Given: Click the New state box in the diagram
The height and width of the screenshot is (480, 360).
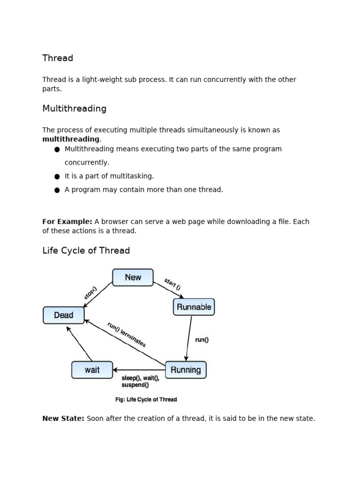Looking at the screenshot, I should click(x=133, y=277).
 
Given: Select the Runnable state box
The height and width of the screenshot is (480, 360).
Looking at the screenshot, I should click(x=194, y=307).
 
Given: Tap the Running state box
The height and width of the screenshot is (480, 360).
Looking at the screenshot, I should click(x=186, y=370).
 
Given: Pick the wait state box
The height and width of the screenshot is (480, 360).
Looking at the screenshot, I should click(x=92, y=370).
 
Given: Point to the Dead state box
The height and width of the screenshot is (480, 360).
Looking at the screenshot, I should click(x=63, y=315).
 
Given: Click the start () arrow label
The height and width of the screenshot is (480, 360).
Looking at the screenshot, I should click(x=172, y=284).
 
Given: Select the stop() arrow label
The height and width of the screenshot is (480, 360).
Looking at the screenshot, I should click(x=90, y=292).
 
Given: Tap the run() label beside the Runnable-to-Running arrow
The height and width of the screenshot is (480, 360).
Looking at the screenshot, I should click(x=202, y=340).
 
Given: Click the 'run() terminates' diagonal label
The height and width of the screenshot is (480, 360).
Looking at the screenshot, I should click(x=127, y=334).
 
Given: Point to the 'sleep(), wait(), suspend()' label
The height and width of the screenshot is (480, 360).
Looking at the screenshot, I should click(x=141, y=382).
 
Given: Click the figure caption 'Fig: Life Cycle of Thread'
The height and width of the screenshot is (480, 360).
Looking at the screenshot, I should click(x=146, y=400).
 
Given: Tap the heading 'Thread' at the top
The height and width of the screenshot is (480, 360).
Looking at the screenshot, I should click(x=58, y=58).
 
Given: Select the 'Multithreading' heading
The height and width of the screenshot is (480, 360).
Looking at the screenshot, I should click(x=74, y=109).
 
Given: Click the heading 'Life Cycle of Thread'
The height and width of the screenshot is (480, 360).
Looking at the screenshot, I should click(x=86, y=251).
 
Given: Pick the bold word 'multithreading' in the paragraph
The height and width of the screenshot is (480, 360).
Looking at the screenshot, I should click(x=71, y=139).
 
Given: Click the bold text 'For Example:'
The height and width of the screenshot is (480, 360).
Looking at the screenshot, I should click(x=67, y=222).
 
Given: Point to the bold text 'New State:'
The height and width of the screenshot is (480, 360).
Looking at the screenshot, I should click(x=63, y=419).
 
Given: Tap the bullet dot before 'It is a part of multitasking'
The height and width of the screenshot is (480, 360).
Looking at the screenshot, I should click(x=57, y=176).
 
